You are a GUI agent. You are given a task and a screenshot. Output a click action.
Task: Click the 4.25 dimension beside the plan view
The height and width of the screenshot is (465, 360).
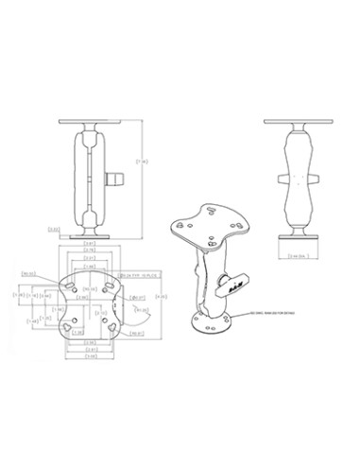[163, 298]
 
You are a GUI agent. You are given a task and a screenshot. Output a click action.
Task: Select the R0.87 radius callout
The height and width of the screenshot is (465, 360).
[135, 332]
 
